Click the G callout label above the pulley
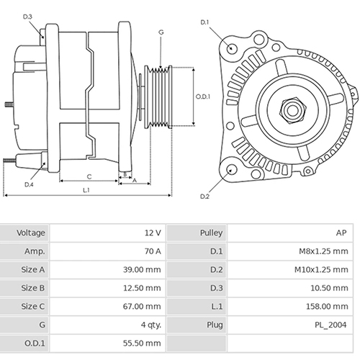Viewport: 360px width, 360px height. coord(161,32)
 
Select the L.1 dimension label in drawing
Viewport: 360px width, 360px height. coord(86,190)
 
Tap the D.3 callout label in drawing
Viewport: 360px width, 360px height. coord(27,16)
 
